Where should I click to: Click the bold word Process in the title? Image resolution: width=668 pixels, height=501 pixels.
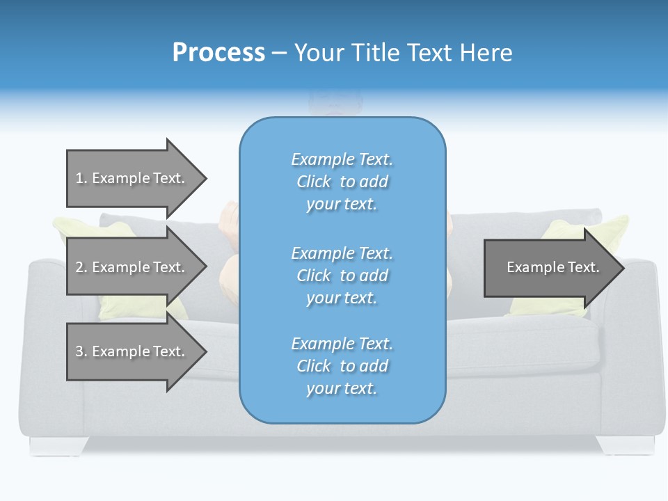[218, 53]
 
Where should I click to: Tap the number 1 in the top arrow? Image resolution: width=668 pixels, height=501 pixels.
[79, 178]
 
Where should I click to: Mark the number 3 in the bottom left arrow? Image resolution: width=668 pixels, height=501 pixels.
[79, 351]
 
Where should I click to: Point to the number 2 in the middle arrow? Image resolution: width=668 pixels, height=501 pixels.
[79, 267]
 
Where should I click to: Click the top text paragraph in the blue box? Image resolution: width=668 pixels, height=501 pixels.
[342, 182]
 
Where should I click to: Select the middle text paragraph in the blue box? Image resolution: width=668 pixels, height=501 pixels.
[342, 276]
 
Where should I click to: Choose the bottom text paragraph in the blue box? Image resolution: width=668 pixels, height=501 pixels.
[342, 366]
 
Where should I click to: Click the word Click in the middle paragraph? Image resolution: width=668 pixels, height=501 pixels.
[314, 276]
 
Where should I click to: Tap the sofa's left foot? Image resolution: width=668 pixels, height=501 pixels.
[58, 445]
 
